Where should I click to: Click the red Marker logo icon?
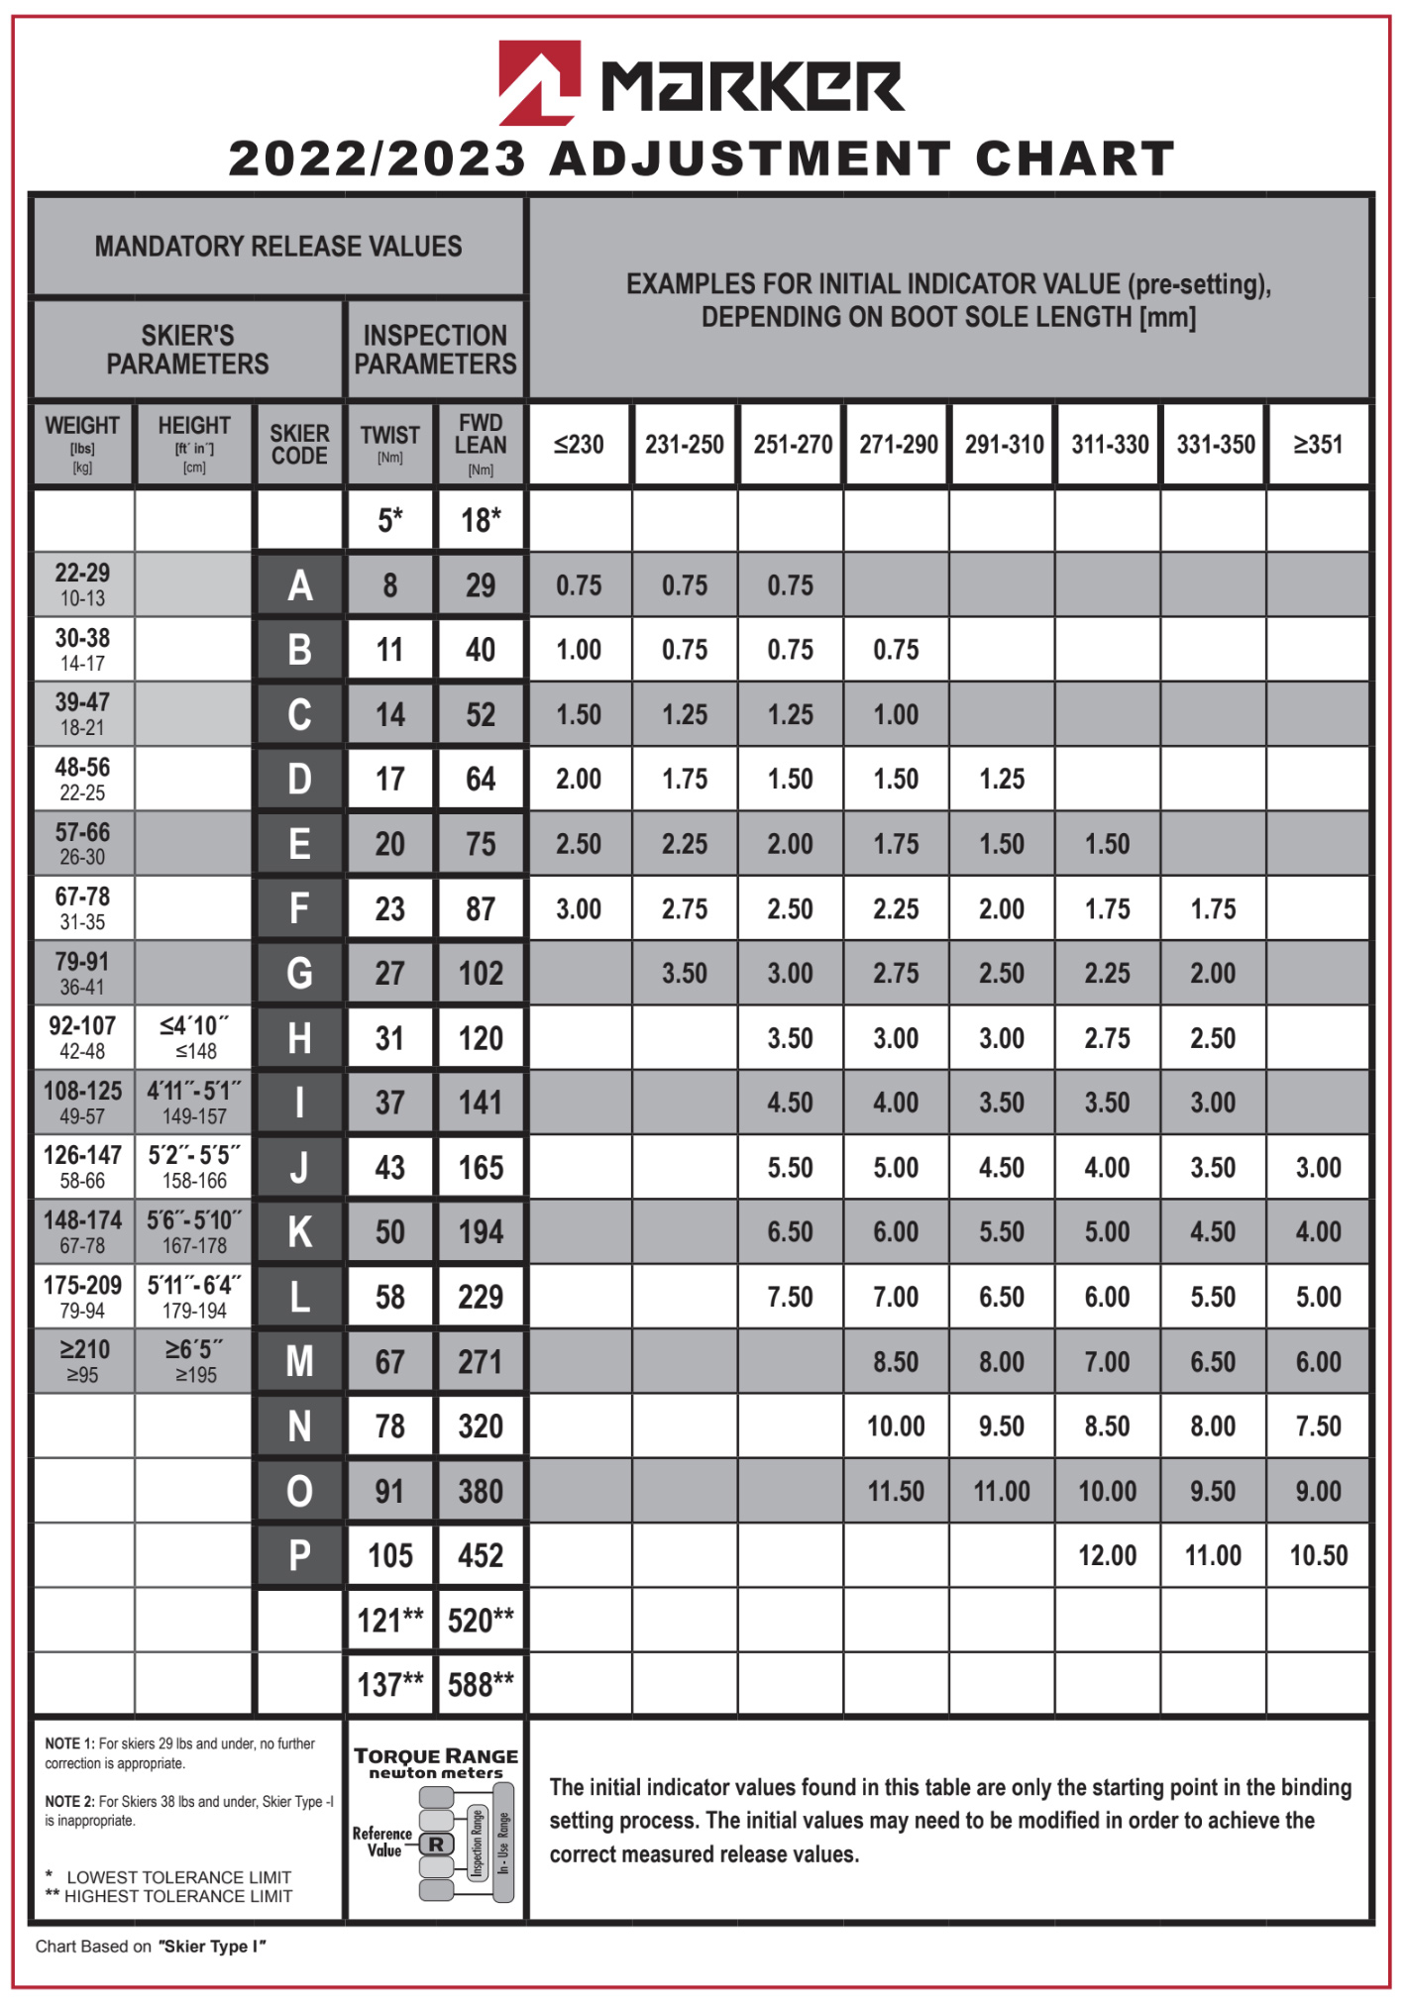tap(538, 83)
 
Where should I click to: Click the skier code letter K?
tap(299, 1232)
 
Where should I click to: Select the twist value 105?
tap(390, 1555)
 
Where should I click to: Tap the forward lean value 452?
tap(481, 1555)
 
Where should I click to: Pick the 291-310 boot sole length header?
tap(1004, 445)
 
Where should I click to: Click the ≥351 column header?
tap(1319, 445)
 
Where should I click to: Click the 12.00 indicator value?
tap(1108, 1555)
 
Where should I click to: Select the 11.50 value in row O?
tap(896, 1491)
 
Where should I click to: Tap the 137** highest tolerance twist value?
tap(390, 1685)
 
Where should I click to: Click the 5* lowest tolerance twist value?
tap(390, 520)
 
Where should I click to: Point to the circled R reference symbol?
tap(436, 1845)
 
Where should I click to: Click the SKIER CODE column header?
tap(299, 445)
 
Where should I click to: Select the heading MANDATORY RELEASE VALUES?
tap(278, 247)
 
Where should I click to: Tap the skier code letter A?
tap(299, 585)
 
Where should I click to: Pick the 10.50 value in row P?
tap(1319, 1555)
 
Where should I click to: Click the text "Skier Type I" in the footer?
tap(212, 1947)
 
